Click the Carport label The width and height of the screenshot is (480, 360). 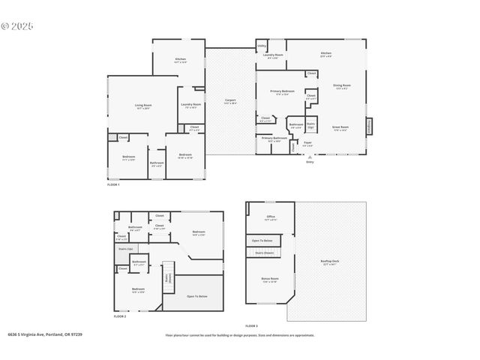click(231, 100)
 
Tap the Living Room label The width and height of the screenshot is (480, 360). click(143, 106)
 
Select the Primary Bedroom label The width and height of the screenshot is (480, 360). click(283, 92)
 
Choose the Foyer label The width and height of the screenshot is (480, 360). click(307, 142)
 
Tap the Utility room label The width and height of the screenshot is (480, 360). click(262, 46)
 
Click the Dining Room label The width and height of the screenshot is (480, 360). click(341, 86)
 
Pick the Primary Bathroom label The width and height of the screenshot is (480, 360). click(274, 139)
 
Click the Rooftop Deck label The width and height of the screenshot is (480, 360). click(329, 262)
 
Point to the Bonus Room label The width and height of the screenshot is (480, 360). click(269, 280)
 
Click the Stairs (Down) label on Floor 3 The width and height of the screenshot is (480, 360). click(265, 253)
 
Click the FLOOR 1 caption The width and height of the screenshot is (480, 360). click(112, 184)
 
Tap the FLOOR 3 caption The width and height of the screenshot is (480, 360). click(251, 326)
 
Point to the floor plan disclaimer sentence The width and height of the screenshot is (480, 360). click(240, 335)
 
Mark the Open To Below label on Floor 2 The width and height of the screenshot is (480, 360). click(196, 296)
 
